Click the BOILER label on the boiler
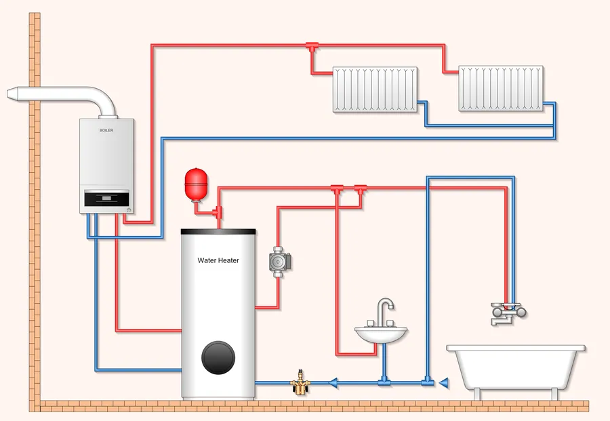tap(106, 129)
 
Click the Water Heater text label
tap(218, 260)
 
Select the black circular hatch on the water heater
tap(218, 356)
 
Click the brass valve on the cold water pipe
tap(300, 383)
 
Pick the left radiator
tap(375, 89)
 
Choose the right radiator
tap(501, 88)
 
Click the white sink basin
tap(381, 334)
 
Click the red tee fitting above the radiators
tap(312, 47)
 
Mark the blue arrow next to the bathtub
tap(443, 383)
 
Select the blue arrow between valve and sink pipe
tap(334, 383)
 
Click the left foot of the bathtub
tap(479, 393)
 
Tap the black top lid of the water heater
tap(218, 231)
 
